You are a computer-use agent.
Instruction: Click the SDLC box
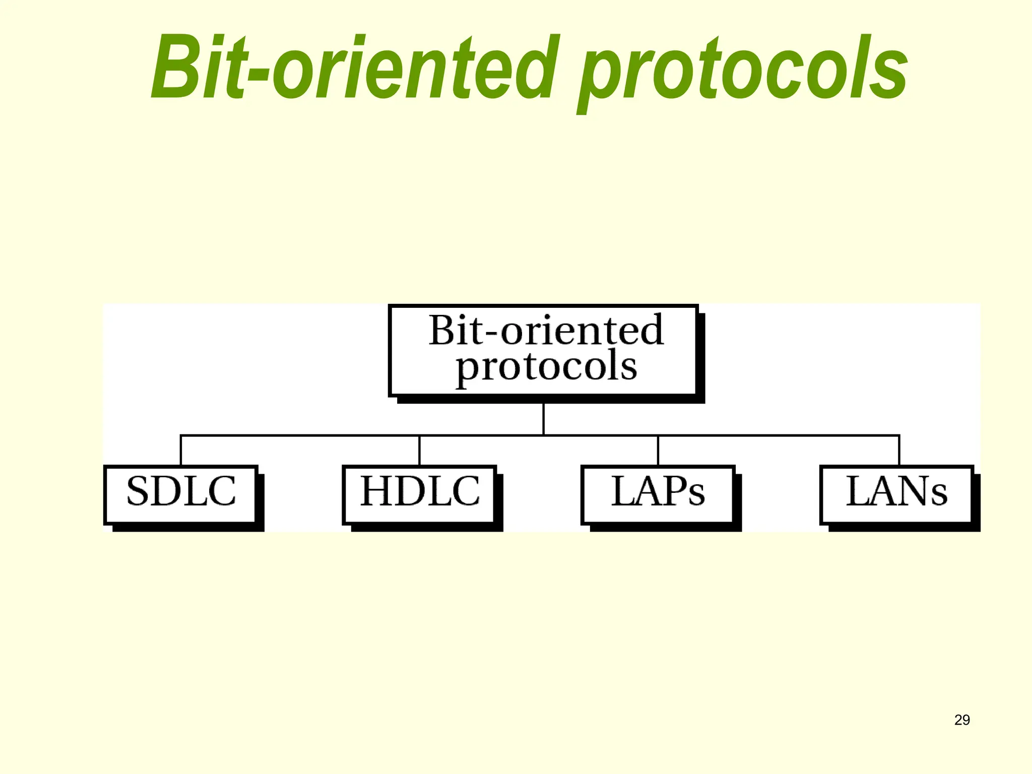pos(180,494)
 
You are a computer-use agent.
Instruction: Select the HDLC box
pos(419,494)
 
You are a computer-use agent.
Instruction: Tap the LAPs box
pos(658,494)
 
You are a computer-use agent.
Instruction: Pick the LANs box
pos(896,494)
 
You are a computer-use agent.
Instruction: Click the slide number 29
pos(962,720)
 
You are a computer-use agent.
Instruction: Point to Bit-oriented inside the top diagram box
pos(546,330)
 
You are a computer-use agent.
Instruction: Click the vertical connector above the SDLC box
pos(181,450)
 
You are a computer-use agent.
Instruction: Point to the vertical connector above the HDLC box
pos(419,450)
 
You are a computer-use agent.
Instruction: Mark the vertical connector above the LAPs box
pos(658,450)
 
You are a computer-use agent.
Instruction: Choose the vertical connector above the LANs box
pos(899,450)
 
